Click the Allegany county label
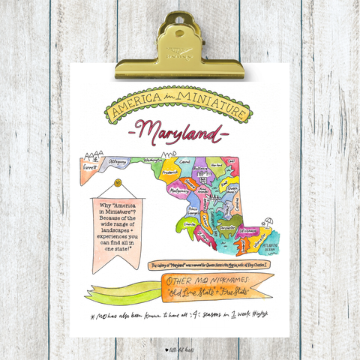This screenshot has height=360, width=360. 117,160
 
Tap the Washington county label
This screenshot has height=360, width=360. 154,160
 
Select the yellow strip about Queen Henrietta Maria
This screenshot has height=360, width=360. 209,265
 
